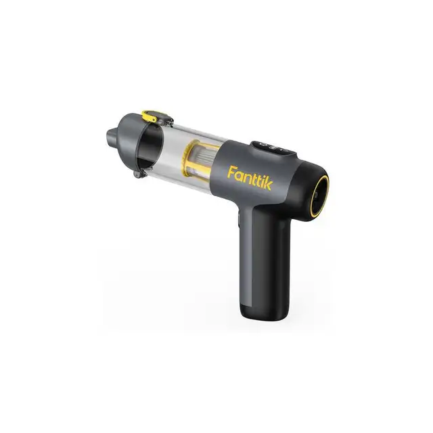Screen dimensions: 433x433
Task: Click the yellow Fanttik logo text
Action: pos(250,178)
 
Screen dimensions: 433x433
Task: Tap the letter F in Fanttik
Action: pos(231,172)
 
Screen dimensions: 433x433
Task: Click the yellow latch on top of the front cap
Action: pos(150,116)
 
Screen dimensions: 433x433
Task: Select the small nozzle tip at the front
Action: pos(110,137)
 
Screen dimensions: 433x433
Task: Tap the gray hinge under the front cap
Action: pos(137,174)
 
